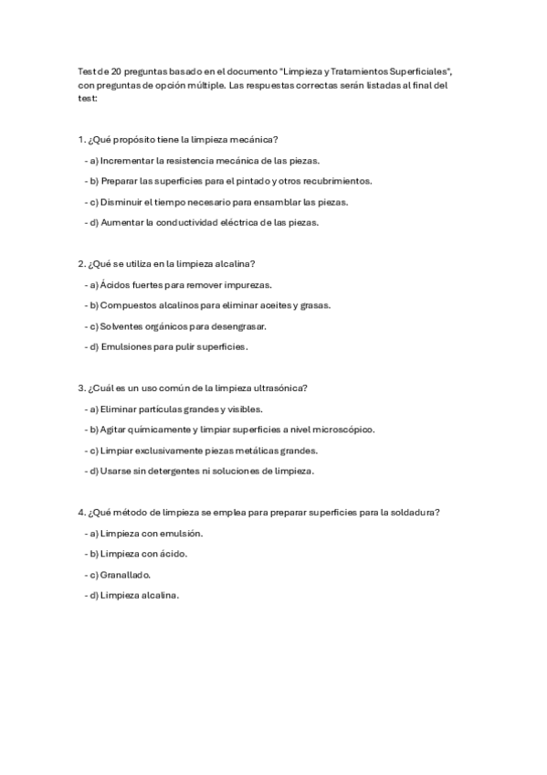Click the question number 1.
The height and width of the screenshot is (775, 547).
tap(81, 140)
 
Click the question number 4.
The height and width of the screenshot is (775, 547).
tap(81, 513)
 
